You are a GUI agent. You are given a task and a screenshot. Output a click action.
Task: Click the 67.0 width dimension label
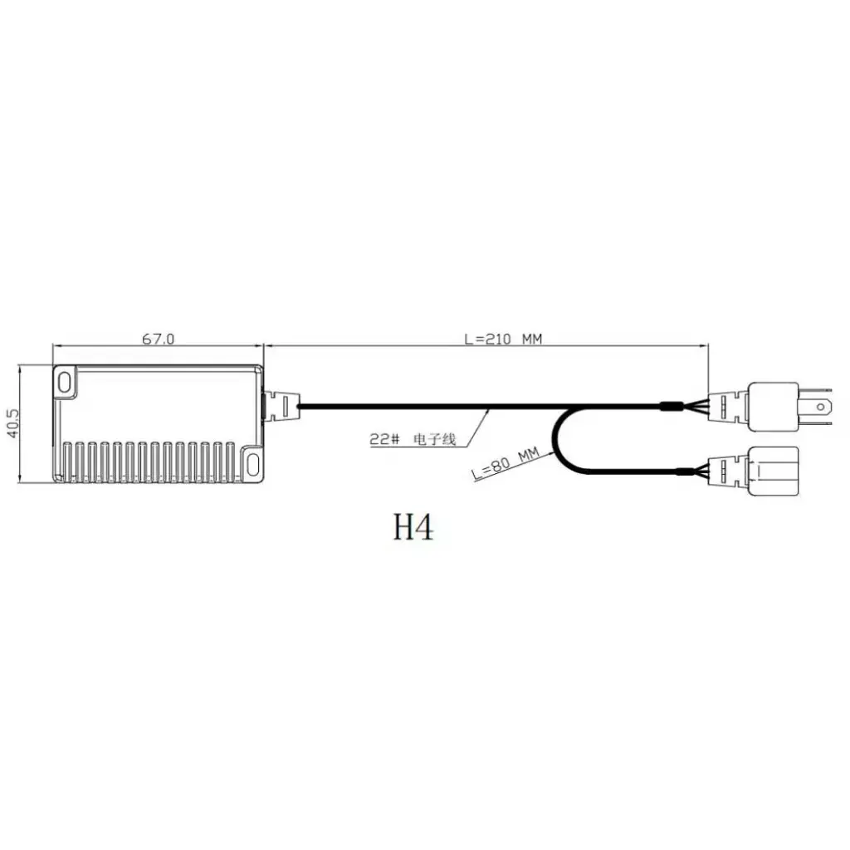coord(159,339)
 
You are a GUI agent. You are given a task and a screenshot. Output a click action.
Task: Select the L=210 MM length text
coord(503,339)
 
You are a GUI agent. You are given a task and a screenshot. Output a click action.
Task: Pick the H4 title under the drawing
coord(413,527)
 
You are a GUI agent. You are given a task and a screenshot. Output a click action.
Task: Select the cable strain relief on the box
coord(282,406)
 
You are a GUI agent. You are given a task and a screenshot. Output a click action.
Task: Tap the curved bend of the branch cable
coord(556,440)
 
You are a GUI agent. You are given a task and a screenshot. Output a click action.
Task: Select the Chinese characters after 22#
coord(436,439)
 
